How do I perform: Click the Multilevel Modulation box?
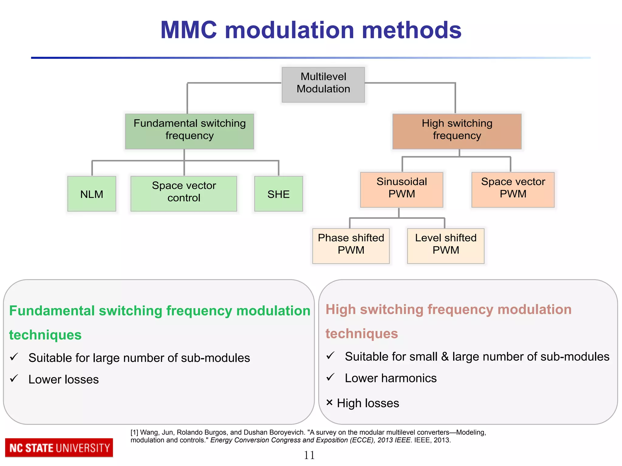pyautogui.click(x=323, y=85)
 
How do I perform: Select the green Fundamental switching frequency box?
pyautogui.click(x=190, y=131)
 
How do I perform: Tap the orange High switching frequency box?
pyautogui.click(x=457, y=131)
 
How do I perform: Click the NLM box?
pyautogui.click(x=92, y=194)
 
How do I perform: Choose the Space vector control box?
pyautogui.click(x=184, y=194)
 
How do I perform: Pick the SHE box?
pyautogui.click(x=279, y=194)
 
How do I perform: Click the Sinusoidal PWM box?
pyautogui.click(x=402, y=190)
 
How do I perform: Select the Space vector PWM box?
pyautogui.click(x=513, y=190)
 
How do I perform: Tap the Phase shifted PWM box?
pyautogui.click(x=351, y=246)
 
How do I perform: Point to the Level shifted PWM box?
pyautogui.click(x=446, y=246)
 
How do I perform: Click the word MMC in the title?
pyautogui.click(x=189, y=30)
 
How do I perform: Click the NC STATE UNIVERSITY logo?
pyautogui.click(x=59, y=448)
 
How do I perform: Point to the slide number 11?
pyautogui.click(x=309, y=455)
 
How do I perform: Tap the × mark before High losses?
pyautogui.click(x=329, y=402)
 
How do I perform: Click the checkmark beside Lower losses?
pyautogui.click(x=14, y=378)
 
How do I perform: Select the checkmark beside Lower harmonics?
pyautogui.click(x=330, y=377)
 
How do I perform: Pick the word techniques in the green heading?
pyautogui.click(x=45, y=335)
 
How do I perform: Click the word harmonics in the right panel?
pyautogui.click(x=409, y=378)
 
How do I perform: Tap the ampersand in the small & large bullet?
pyautogui.click(x=445, y=357)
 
